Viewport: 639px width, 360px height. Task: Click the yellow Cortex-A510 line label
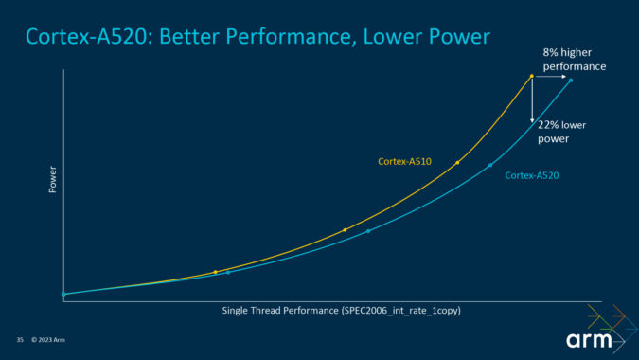[404, 162]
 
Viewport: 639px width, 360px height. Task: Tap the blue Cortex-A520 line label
[531, 175]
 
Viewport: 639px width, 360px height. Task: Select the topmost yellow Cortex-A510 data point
[532, 76]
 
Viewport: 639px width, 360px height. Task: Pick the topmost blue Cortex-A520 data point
[570, 81]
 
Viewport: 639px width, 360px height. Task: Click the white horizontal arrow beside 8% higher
[551, 76]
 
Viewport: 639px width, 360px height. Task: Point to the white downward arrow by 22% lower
[532, 100]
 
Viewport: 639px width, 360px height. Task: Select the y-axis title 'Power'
[53, 180]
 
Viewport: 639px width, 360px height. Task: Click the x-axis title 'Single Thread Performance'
[280, 311]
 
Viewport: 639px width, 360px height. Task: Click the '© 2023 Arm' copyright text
[48, 340]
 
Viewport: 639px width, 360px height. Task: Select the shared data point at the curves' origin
[63, 294]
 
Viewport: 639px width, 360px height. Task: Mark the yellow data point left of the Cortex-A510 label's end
[457, 163]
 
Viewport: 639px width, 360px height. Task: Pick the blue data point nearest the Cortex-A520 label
[490, 165]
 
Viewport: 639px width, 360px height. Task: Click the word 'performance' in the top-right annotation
[575, 66]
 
